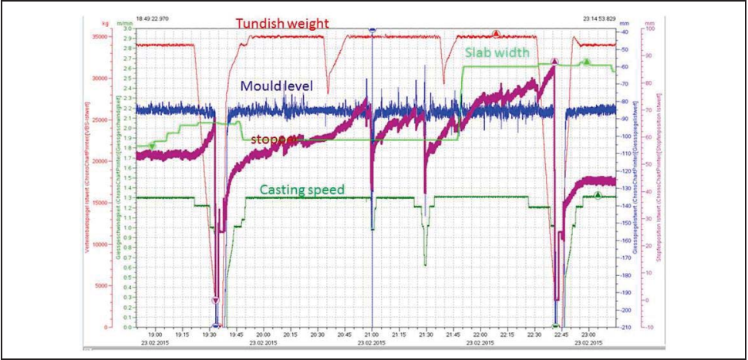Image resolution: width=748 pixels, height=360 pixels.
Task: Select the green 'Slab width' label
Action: click(497, 52)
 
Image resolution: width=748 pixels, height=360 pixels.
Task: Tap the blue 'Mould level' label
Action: click(276, 86)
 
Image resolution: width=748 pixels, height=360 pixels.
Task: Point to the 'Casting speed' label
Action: click(302, 190)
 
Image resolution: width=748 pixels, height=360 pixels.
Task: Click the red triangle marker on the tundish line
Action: click(497, 33)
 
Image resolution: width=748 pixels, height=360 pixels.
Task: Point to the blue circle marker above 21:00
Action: click(372, 29)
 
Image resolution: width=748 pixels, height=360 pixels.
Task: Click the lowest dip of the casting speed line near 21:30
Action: click(425, 264)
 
